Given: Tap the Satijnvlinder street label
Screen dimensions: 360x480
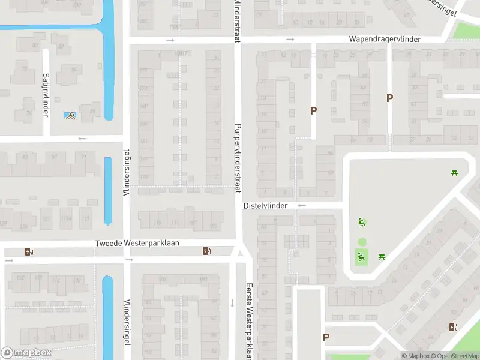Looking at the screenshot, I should pyautogui.click(x=46, y=95).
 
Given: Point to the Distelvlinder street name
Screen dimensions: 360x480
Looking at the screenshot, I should pyautogui.click(x=266, y=205).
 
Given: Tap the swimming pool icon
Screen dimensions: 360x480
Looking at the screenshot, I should pyautogui.click(x=70, y=115).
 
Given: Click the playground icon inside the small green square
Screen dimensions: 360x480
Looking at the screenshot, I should pyautogui.click(x=361, y=257).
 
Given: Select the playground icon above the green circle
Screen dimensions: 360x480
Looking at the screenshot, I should pyautogui.click(x=362, y=223).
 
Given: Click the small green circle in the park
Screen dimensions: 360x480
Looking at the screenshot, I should pyautogui.click(x=362, y=242).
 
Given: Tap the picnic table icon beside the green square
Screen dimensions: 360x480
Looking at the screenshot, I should pyautogui.click(x=382, y=257).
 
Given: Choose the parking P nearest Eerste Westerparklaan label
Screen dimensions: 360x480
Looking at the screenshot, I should pyautogui.click(x=326, y=337).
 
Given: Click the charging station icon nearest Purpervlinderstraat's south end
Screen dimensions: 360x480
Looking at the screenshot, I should pyautogui.click(x=206, y=251).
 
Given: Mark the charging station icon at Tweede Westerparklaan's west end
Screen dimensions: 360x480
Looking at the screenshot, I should pyautogui.click(x=28, y=251).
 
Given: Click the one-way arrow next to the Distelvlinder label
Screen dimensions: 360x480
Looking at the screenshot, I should pyautogui.click(x=302, y=205).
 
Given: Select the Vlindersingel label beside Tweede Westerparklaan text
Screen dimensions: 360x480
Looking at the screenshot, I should pyautogui.click(x=126, y=172).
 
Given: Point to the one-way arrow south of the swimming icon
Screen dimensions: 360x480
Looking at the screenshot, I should pyautogui.click(x=82, y=139).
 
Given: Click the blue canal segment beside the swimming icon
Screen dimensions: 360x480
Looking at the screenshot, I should pyautogui.click(x=108, y=72).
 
